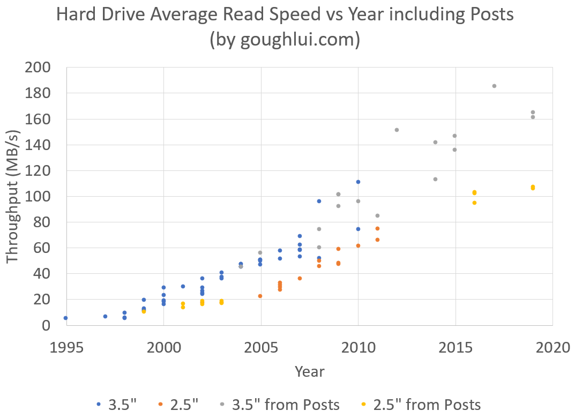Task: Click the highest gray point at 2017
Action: (x=494, y=86)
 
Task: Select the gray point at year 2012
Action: (x=397, y=130)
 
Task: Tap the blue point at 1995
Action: (x=65, y=318)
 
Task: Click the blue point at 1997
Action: (x=105, y=316)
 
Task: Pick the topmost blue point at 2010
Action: (x=358, y=182)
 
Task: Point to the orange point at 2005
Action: (x=260, y=296)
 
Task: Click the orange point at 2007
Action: (x=300, y=278)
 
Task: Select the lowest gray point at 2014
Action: (x=435, y=179)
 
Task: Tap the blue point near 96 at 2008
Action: (x=319, y=201)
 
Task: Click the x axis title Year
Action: (x=309, y=371)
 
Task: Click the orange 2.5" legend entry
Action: (x=181, y=405)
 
